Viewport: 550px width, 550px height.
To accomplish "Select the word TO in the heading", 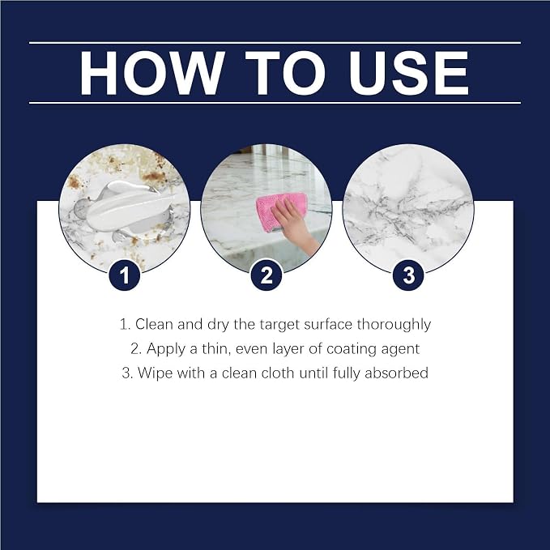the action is (x=286, y=73).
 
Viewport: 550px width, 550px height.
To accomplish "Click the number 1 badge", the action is (x=125, y=275).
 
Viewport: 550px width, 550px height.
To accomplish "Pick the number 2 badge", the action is (x=266, y=275).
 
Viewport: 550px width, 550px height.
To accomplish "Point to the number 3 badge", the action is (x=408, y=275).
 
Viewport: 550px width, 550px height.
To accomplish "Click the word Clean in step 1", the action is (x=155, y=324).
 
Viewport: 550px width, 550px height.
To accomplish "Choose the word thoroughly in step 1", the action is (x=394, y=325).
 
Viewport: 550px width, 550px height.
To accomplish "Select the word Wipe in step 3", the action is (x=155, y=373).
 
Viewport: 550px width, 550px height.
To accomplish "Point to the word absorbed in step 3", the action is (x=396, y=373).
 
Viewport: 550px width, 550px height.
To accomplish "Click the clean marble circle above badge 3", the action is (x=408, y=210).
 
